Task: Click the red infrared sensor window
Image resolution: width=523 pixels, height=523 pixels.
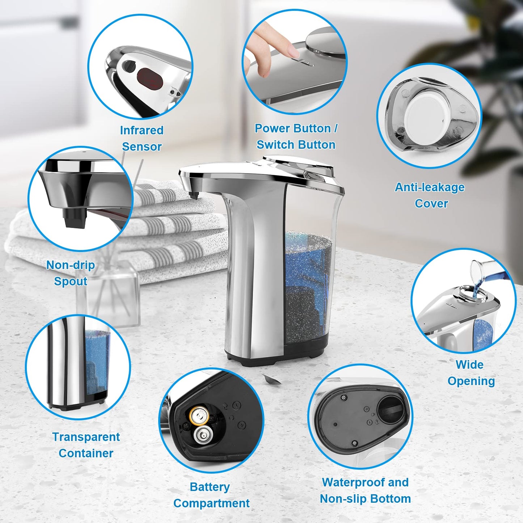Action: click(149, 79)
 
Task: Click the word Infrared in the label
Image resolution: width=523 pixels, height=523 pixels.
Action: click(142, 130)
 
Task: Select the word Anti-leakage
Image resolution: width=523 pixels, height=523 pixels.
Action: click(430, 187)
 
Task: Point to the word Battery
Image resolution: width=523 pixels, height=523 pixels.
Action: click(210, 487)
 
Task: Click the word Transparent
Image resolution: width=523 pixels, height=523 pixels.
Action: click(86, 437)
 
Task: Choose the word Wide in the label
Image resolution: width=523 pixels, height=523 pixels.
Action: click(469, 364)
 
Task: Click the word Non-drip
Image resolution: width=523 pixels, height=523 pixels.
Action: click(71, 265)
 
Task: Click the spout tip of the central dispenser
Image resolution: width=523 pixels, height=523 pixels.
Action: click(194, 195)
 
